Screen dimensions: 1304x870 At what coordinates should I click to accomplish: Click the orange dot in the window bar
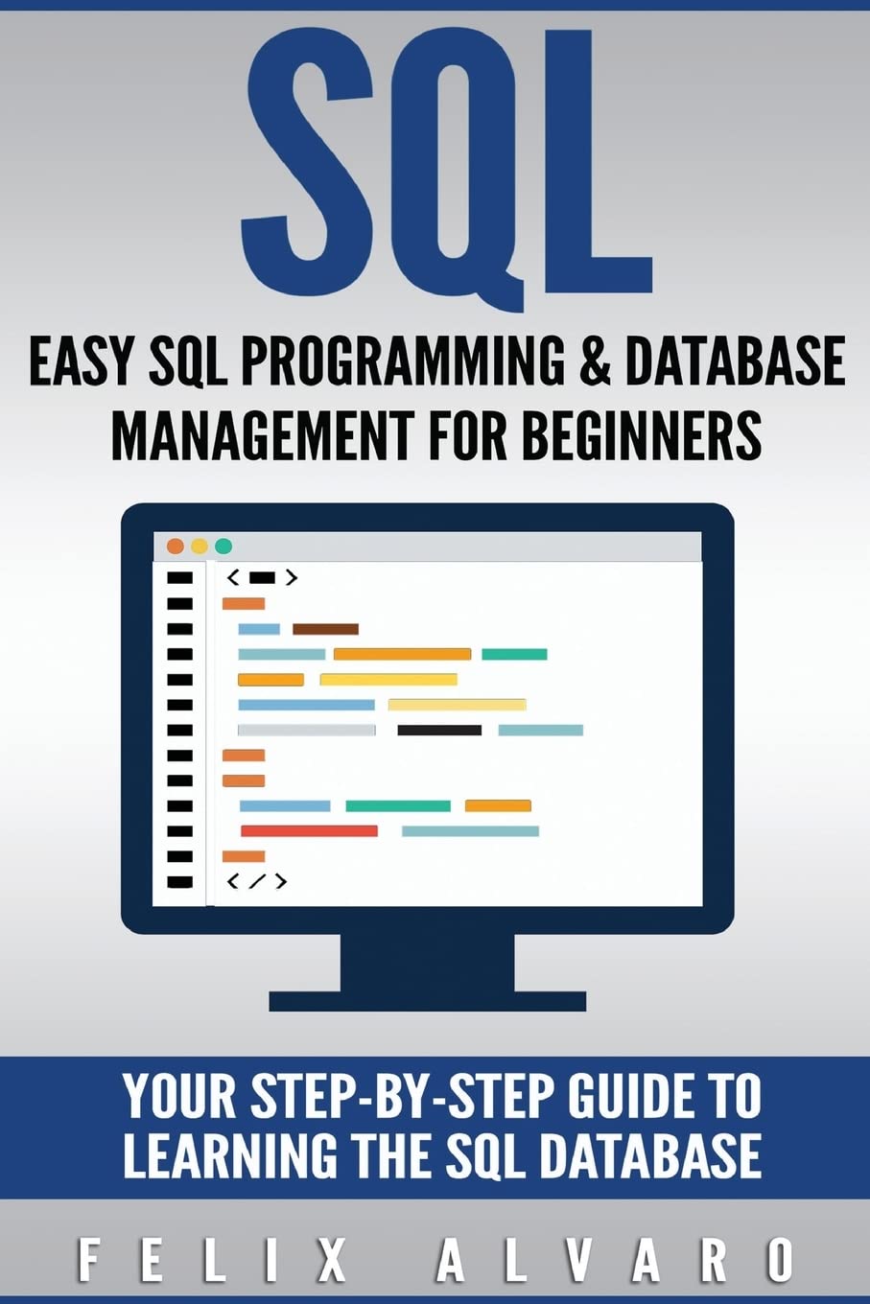[x=175, y=547]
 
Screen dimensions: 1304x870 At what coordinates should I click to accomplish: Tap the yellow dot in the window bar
[x=200, y=547]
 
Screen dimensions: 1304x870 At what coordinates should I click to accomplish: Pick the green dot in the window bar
[x=223, y=547]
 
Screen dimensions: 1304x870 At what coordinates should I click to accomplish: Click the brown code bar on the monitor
[x=325, y=629]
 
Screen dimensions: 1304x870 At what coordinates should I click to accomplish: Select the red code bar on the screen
[x=309, y=831]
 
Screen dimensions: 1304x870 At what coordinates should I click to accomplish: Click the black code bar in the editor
[x=439, y=731]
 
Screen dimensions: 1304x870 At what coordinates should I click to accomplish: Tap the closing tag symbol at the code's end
[x=256, y=881]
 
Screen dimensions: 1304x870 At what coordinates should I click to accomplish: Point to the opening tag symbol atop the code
[x=262, y=577]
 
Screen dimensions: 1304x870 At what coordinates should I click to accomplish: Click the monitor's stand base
[x=427, y=1001]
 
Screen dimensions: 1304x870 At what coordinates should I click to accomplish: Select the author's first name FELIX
[x=212, y=1259]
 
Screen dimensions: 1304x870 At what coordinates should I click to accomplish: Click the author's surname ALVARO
[x=615, y=1259]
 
